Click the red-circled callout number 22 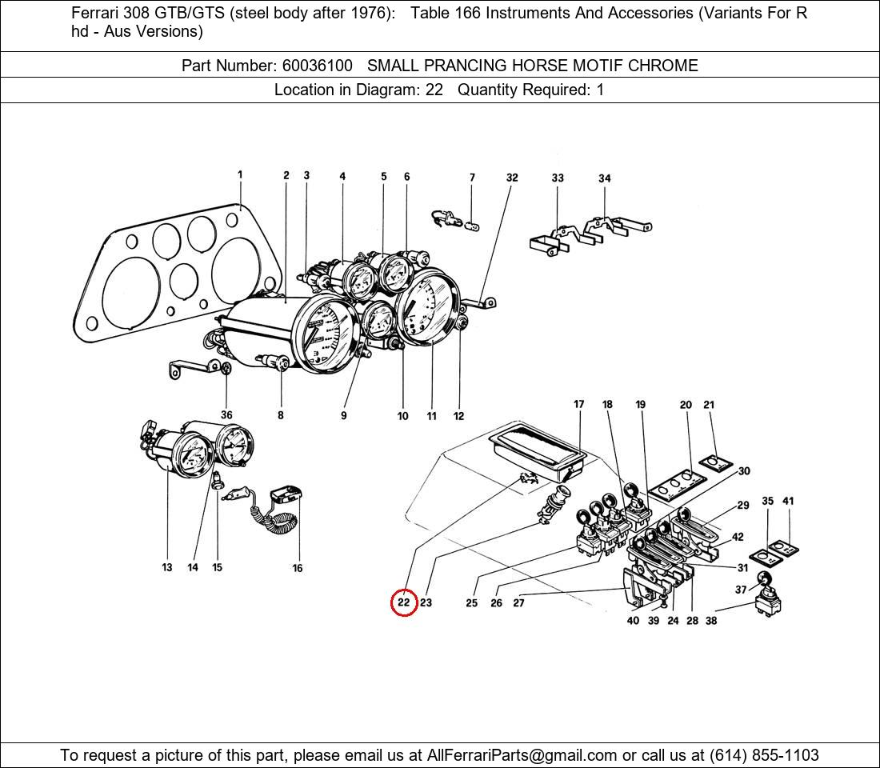pyautogui.click(x=404, y=602)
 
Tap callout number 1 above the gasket pyautogui.click(x=240, y=174)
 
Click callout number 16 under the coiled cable pyautogui.click(x=298, y=568)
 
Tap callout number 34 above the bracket pyautogui.click(x=605, y=178)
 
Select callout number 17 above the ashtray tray pyautogui.click(x=579, y=405)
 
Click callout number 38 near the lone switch pyautogui.click(x=711, y=621)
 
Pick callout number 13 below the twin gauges pyautogui.click(x=166, y=567)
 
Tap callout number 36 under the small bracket pyautogui.click(x=226, y=415)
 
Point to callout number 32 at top pyautogui.click(x=512, y=178)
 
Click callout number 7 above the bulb pyautogui.click(x=472, y=178)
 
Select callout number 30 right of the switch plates pyautogui.click(x=744, y=471)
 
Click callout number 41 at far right pyautogui.click(x=788, y=502)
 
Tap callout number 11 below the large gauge pyautogui.click(x=431, y=416)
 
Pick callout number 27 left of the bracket pyautogui.click(x=518, y=602)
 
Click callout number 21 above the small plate pyautogui.click(x=709, y=405)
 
